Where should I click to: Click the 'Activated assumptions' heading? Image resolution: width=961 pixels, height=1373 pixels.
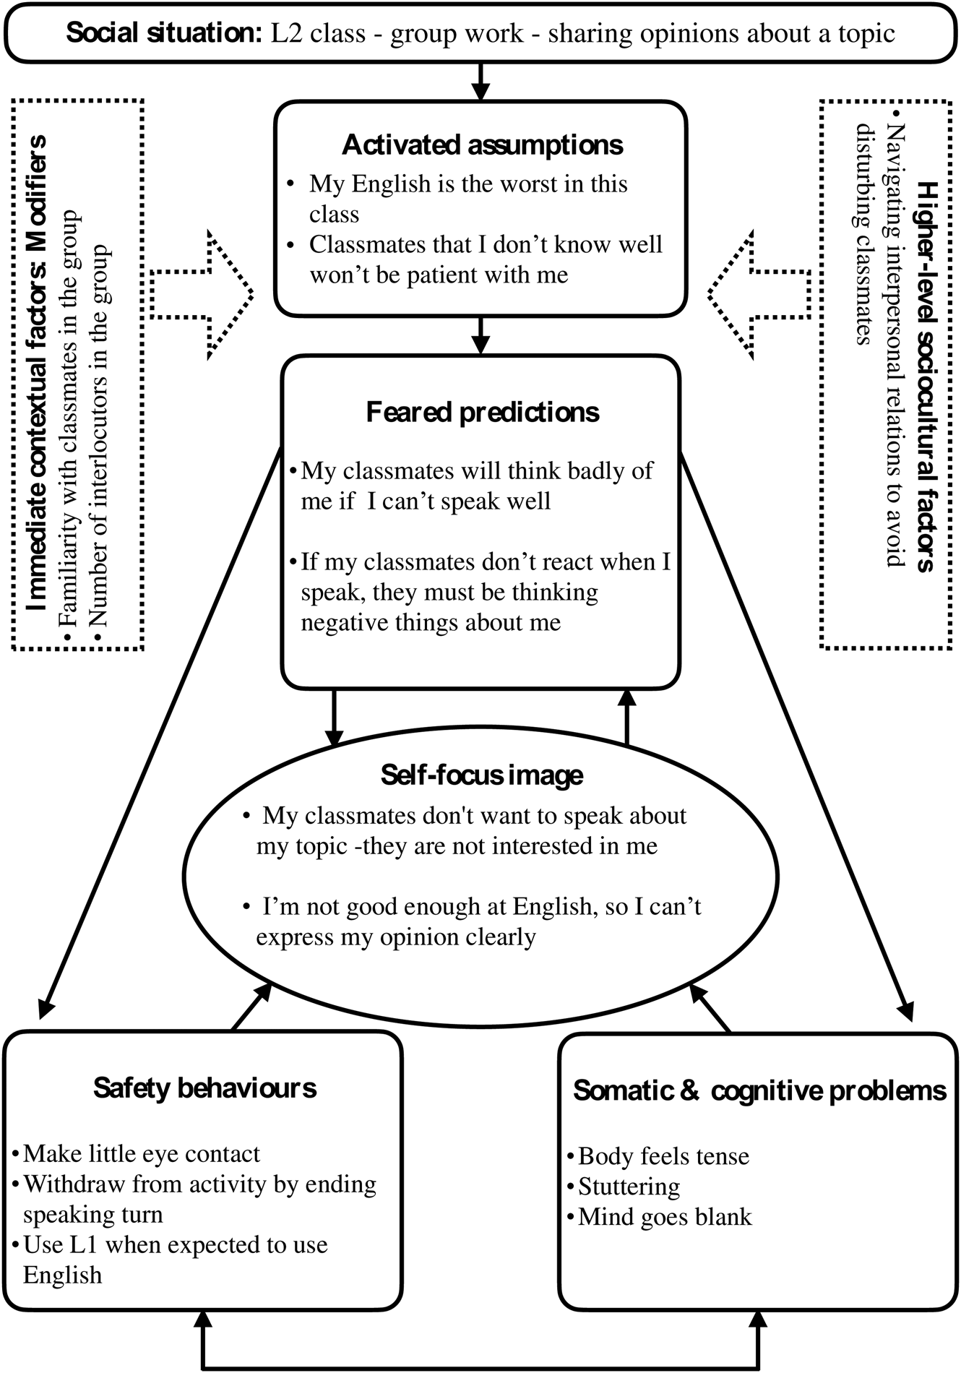coord(482,145)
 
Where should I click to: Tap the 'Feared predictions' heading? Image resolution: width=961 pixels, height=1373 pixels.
coord(482,413)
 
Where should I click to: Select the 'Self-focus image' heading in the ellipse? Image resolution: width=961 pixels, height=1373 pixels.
coord(481,775)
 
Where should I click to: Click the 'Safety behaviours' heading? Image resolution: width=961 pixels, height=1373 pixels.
coord(204,1088)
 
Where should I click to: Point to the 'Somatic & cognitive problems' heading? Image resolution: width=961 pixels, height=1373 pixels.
coord(759,1091)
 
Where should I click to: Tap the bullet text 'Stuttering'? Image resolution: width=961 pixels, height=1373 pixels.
coord(629,1187)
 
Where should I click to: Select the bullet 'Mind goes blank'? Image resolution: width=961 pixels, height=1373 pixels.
coord(665,1217)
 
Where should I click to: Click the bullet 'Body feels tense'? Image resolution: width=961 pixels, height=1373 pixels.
coord(663,1156)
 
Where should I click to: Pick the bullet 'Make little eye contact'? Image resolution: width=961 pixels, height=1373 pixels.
coord(141,1154)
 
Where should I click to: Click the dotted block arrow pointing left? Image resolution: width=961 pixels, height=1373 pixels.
coord(759,294)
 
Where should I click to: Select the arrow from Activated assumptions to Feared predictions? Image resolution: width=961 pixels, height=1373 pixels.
coord(480,335)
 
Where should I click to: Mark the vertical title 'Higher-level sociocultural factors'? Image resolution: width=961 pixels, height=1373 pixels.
coord(926,376)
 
